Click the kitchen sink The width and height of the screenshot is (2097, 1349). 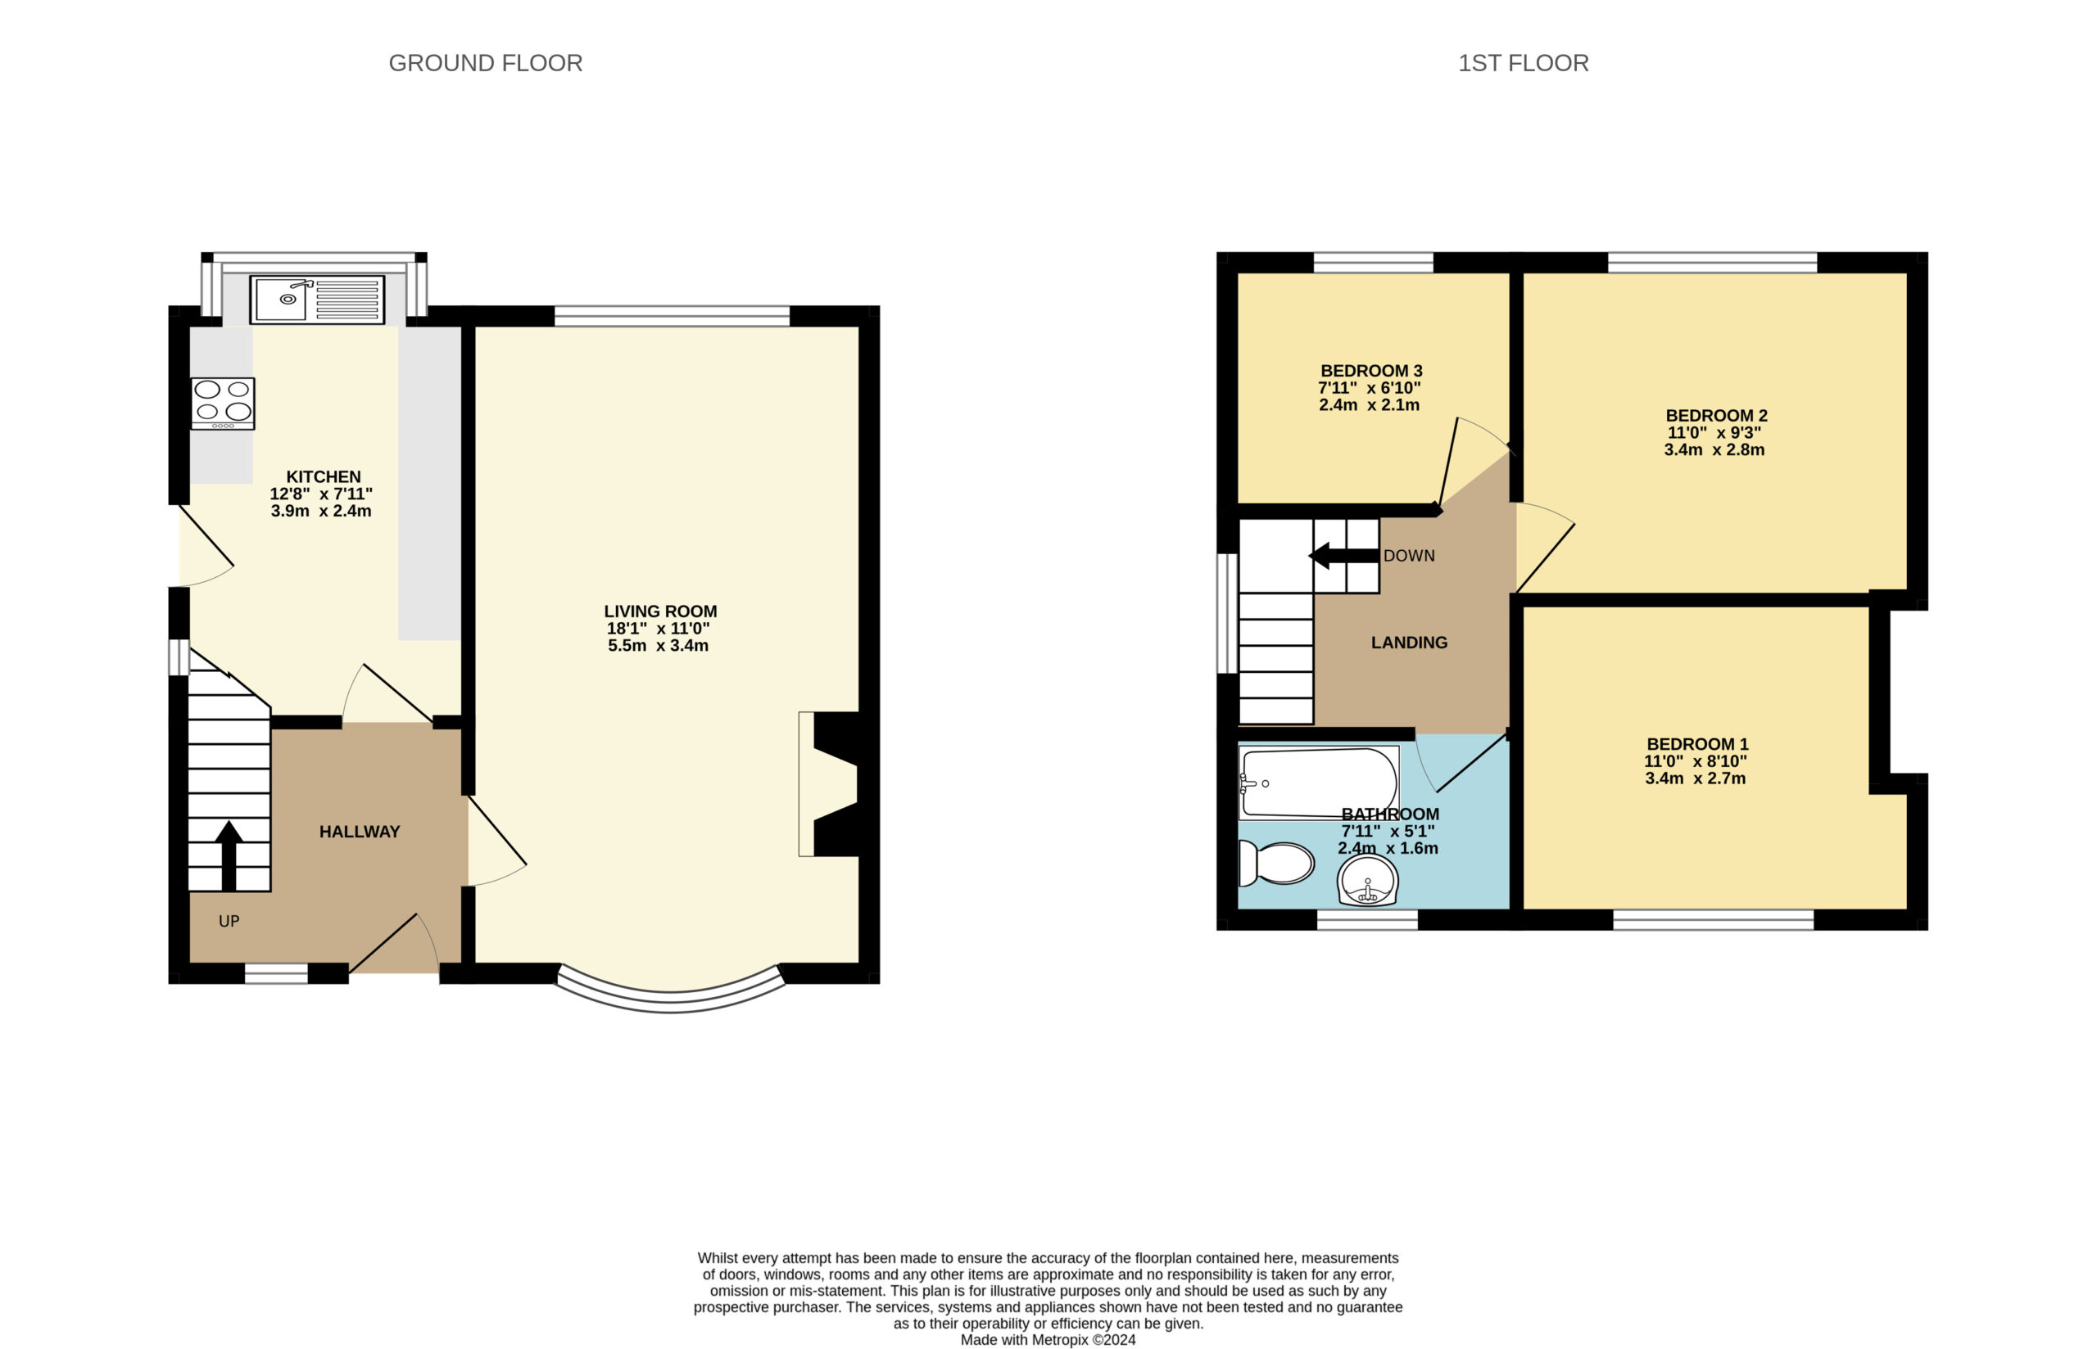[x=317, y=300]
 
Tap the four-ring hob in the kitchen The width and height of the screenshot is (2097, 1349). [x=223, y=403]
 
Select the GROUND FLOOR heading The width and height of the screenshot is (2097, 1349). [x=486, y=63]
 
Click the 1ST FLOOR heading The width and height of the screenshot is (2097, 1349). [x=1523, y=63]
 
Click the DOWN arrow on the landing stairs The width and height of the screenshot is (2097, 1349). [x=1343, y=555]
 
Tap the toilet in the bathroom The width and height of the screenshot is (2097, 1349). [x=1276, y=863]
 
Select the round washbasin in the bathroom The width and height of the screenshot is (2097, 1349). [x=1368, y=879]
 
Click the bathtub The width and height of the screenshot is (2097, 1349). [x=1319, y=783]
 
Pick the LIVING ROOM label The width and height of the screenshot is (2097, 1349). [x=660, y=611]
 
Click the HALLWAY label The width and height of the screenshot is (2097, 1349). [x=360, y=832]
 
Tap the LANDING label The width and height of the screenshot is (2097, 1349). [x=1409, y=642]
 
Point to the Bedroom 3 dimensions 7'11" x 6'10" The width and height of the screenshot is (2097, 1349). [x=1370, y=387]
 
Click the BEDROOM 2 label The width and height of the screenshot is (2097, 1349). [x=1716, y=415]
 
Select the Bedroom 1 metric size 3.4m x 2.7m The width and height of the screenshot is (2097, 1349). [x=1695, y=778]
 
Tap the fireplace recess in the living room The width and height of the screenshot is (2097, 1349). [x=828, y=784]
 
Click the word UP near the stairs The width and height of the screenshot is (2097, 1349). [x=229, y=921]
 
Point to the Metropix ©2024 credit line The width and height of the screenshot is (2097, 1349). [x=1048, y=1339]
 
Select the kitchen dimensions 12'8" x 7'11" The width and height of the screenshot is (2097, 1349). [x=321, y=493]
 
